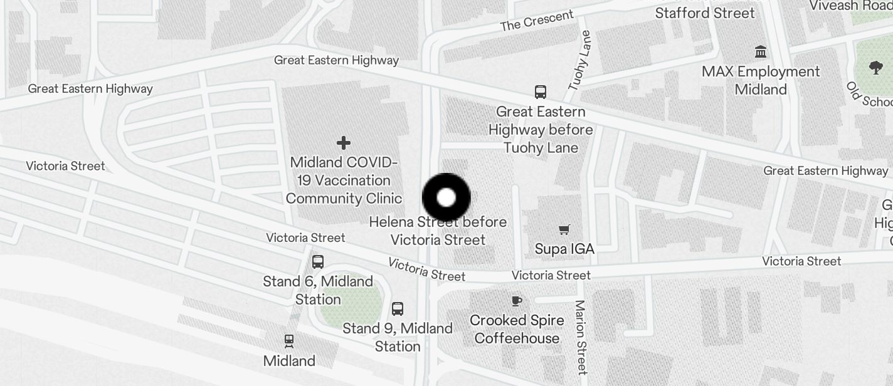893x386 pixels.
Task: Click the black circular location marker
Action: point(446,198)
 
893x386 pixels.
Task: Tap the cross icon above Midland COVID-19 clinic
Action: point(344,143)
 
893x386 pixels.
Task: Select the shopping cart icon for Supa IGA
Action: point(564,229)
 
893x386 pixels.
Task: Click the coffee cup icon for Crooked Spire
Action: point(516,301)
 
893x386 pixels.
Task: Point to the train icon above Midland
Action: point(288,342)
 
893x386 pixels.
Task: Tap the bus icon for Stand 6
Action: point(318,262)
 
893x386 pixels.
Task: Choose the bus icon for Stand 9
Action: point(398,308)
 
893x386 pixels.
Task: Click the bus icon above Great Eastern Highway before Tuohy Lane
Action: point(541,92)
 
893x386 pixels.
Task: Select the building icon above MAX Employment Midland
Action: point(761,52)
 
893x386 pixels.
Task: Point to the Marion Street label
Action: point(580,337)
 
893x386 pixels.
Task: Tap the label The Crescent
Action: point(537,21)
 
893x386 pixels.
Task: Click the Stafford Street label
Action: point(705,13)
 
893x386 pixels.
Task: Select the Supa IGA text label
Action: point(564,249)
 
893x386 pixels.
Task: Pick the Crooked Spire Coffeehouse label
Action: point(517,330)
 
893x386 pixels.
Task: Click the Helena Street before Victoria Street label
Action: point(438,231)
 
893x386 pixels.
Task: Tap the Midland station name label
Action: point(289,361)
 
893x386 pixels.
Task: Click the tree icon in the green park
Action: point(876,67)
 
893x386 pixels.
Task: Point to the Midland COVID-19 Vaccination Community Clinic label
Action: point(344,180)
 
